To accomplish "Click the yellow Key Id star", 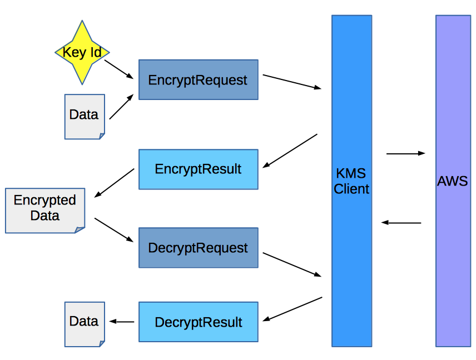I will pos(82,53).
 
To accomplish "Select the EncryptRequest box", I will pos(198,80).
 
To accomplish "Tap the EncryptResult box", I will pos(198,169).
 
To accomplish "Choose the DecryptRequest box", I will pos(198,248).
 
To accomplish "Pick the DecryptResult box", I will pos(198,322).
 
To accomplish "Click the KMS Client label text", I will pos(351,181).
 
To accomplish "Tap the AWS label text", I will pos(453,181).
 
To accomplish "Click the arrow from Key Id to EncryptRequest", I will pos(119,69).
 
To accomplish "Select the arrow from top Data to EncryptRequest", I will pos(121,107).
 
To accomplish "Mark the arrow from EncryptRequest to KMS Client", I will pos(292,82).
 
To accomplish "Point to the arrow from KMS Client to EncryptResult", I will pos(290,151).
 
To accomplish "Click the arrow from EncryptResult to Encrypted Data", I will pos(115,183).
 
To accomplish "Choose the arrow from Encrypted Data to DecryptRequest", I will pos(114,230).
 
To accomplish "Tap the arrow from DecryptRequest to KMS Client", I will pos(292,264).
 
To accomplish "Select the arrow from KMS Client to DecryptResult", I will pos(292,309).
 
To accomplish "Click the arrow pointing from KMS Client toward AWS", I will pos(405,153).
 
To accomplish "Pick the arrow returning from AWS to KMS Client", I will pos(401,223).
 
